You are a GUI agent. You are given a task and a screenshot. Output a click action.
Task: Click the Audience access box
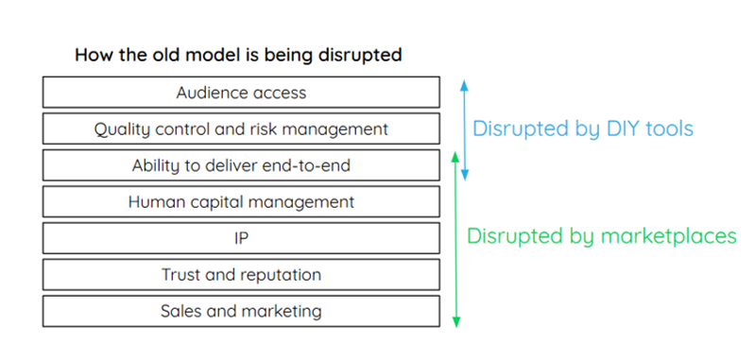[241, 92]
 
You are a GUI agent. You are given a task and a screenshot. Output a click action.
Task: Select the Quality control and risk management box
[241, 129]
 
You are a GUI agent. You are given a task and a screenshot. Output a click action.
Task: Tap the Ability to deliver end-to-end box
[241, 165]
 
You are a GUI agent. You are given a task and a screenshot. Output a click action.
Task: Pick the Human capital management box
[241, 201]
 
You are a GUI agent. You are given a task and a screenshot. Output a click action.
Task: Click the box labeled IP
[241, 238]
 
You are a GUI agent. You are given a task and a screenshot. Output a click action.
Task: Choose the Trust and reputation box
[241, 275]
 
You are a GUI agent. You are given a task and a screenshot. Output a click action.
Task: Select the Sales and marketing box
[241, 312]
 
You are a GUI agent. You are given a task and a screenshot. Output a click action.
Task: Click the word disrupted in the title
[360, 56]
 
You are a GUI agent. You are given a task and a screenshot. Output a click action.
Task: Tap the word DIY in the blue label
[621, 129]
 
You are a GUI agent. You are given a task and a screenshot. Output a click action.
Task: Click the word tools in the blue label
[669, 129]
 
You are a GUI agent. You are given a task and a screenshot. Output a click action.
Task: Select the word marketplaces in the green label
[669, 237]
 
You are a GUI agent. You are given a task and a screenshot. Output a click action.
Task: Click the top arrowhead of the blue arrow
[464, 85]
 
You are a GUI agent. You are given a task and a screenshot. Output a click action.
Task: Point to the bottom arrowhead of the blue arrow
[464, 175]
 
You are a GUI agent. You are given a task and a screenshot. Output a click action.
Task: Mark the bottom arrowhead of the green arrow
[456, 322]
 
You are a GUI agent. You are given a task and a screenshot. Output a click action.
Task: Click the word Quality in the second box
[115, 129]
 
